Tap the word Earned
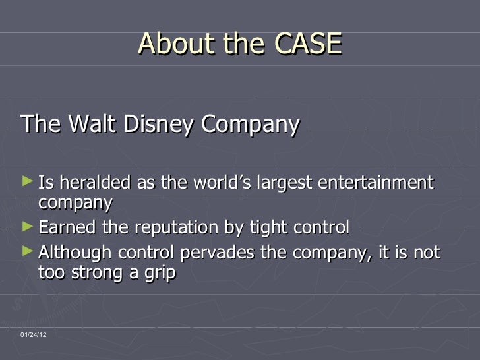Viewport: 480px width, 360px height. (x=67, y=228)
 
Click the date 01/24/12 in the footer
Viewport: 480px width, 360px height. (x=34, y=336)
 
